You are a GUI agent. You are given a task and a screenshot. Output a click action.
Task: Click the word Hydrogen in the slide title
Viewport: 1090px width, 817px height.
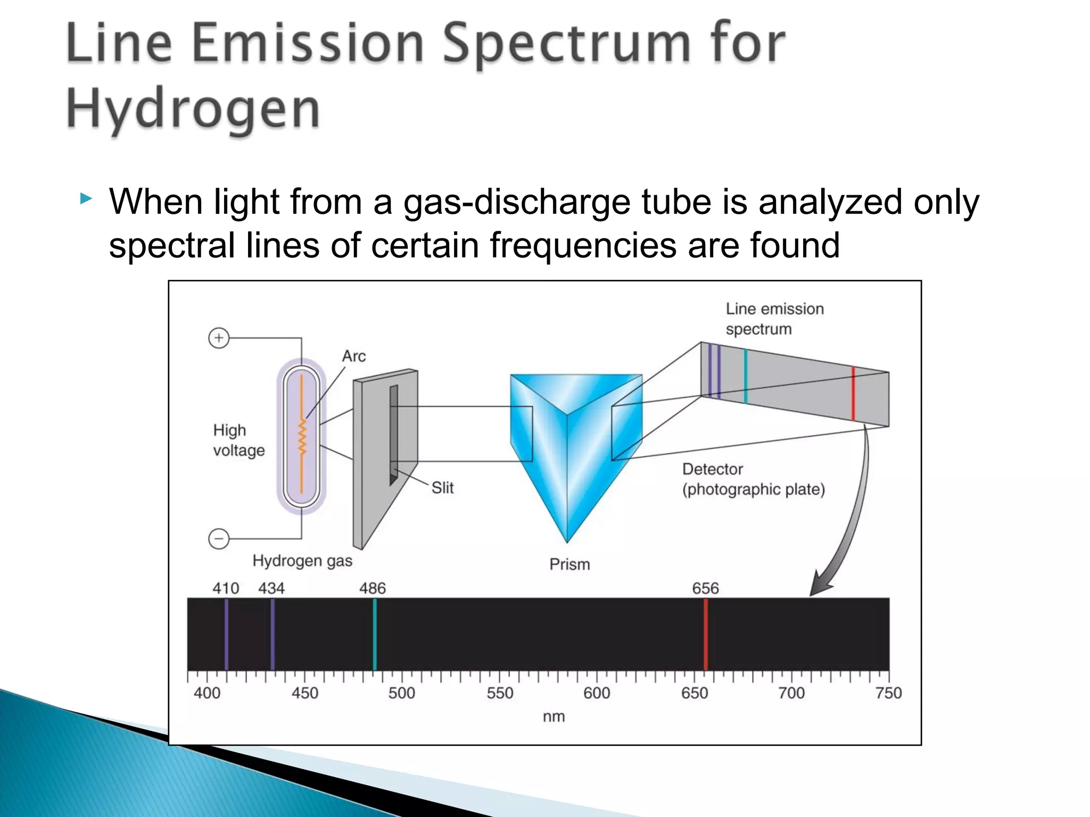pyautogui.click(x=193, y=109)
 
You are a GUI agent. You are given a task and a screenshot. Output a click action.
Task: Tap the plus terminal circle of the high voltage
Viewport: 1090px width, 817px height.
pyautogui.click(x=219, y=338)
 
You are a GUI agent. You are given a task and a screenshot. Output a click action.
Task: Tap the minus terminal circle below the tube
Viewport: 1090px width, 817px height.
pyautogui.click(x=219, y=538)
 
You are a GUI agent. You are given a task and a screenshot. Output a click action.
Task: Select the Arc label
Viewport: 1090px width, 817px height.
pyautogui.click(x=354, y=356)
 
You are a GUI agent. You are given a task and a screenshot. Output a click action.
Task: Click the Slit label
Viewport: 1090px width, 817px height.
pyautogui.click(x=442, y=487)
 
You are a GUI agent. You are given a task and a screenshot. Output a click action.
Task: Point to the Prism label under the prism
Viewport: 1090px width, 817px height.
pyautogui.click(x=569, y=564)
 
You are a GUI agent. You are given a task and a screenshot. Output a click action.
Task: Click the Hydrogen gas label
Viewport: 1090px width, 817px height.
pyautogui.click(x=302, y=561)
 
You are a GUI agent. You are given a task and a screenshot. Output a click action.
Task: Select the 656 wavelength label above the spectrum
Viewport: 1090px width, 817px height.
pyautogui.click(x=705, y=588)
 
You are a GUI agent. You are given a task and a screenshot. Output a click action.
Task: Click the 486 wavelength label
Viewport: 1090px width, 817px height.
pyautogui.click(x=372, y=588)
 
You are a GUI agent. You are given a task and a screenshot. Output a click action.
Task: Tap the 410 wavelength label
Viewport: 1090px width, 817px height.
pyautogui.click(x=226, y=588)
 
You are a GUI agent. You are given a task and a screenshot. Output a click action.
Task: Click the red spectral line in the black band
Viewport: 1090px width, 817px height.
pyautogui.click(x=706, y=634)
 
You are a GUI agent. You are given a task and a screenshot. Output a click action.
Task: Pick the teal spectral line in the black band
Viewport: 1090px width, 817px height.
pyautogui.click(x=375, y=634)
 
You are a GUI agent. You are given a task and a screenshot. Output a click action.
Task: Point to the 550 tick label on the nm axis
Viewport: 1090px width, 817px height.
pyautogui.click(x=500, y=693)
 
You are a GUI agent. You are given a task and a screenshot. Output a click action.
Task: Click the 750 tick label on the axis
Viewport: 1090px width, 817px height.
pyautogui.click(x=888, y=693)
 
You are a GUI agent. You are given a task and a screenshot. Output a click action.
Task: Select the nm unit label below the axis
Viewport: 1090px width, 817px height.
pyautogui.click(x=554, y=716)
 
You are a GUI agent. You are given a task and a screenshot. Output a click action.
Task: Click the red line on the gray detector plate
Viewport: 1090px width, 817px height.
pyautogui.click(x=853, y=394)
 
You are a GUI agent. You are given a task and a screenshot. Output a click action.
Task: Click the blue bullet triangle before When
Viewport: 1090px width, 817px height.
pyautogui.click(x=86, y=200)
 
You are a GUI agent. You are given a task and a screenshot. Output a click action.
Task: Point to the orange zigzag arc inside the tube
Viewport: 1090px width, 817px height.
pyautogui.click(x=302, y=436)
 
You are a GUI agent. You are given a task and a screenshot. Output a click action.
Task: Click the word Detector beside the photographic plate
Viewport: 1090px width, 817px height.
pyautogui.click(x=712, y=469)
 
